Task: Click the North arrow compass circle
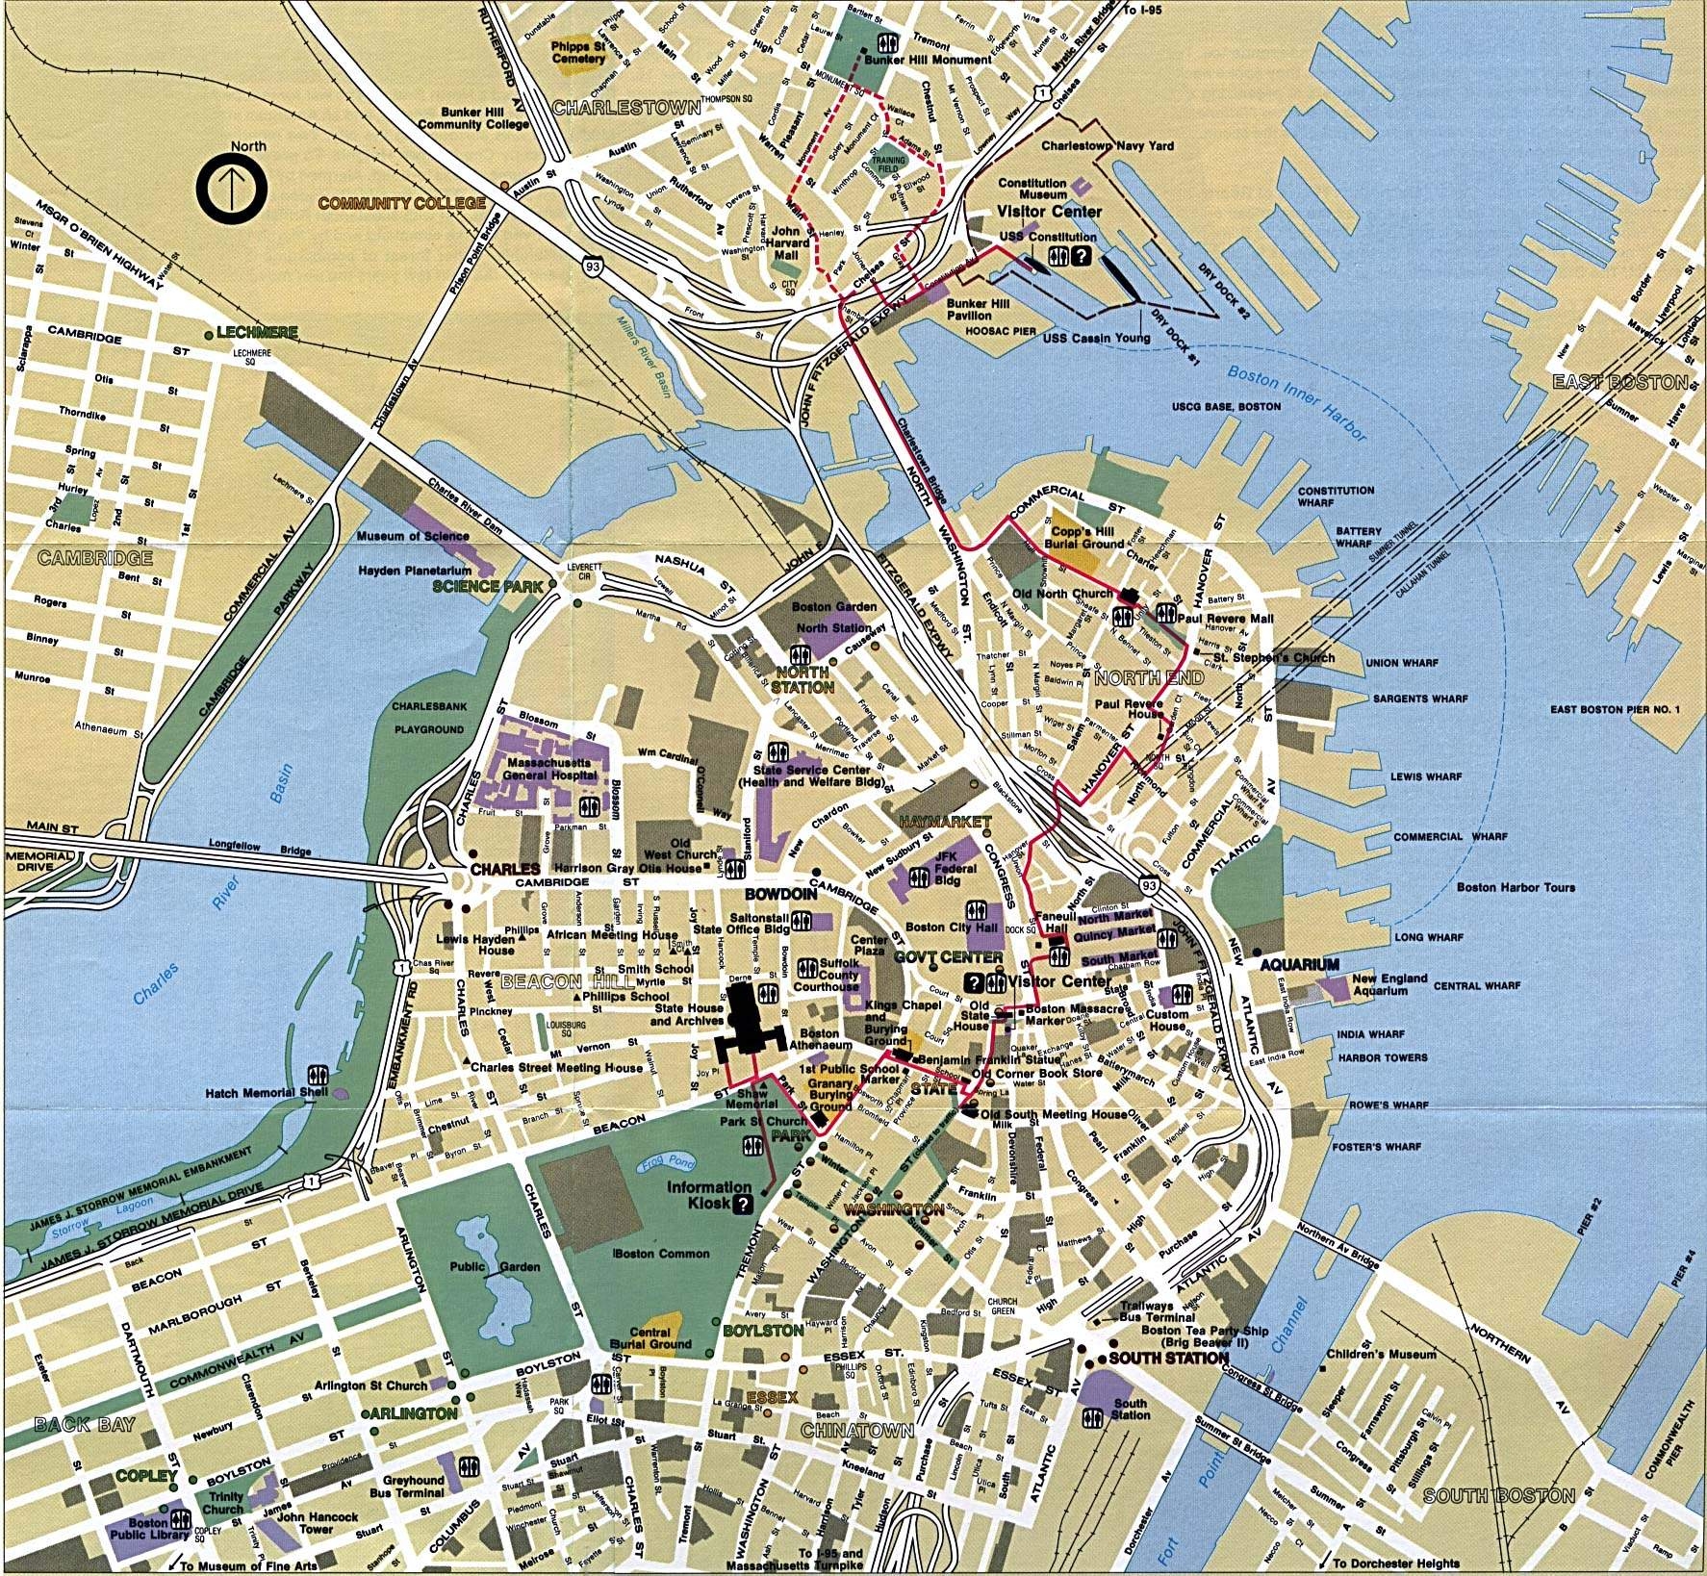231,191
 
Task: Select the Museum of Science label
413,536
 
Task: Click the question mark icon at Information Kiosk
743,1205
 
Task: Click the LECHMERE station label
256,332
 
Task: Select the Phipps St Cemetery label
578,52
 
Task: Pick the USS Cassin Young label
1097,338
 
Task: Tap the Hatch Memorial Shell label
267,1093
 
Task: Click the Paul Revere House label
1129,709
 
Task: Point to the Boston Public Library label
147,1529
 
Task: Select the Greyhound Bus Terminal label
413,1487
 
